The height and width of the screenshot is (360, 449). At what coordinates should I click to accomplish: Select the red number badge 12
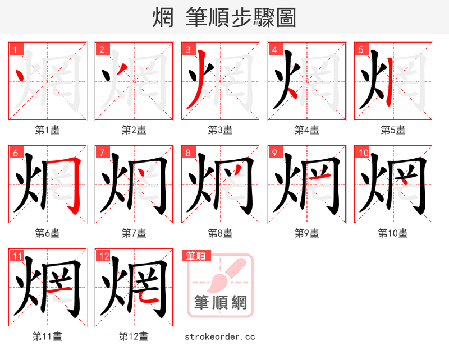[103, 256]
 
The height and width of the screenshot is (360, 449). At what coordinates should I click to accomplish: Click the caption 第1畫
[48, 130]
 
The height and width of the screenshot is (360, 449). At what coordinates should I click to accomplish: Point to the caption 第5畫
[393, 130]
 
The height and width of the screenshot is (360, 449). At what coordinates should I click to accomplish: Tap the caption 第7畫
[134, 233]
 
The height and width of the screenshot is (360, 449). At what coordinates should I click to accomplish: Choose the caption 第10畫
[393, 233]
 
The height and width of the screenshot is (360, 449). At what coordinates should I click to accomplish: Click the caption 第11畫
[48, 336]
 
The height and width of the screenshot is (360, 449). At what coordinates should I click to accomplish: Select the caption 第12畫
[134, 336]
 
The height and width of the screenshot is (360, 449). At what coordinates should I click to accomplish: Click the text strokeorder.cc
[221, 336]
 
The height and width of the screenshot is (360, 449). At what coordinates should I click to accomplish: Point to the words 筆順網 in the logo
[221, 303]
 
